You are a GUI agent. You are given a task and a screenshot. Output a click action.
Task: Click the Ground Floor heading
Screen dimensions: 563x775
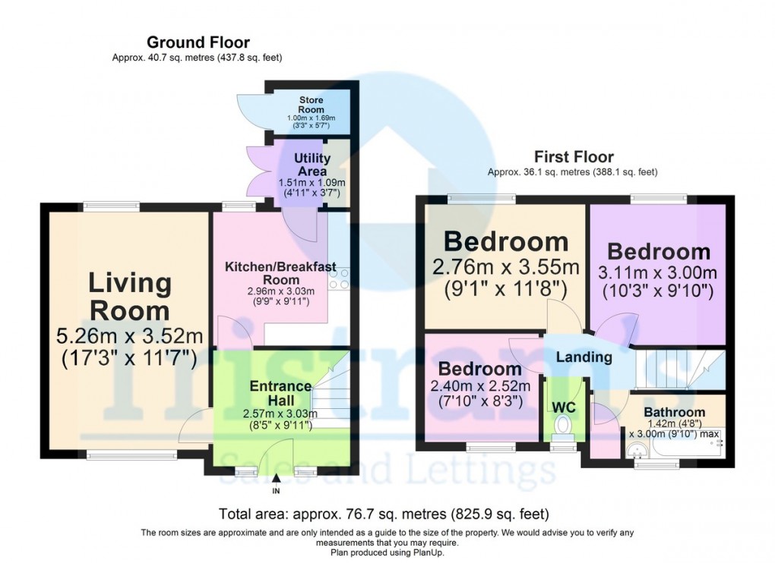[198, 42]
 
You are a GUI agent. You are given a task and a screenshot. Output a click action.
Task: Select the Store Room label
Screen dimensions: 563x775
[311, 105]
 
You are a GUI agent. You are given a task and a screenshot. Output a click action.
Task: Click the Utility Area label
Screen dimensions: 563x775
[312, 165]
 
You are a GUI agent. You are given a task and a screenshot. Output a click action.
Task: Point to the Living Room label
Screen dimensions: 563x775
[130, 296]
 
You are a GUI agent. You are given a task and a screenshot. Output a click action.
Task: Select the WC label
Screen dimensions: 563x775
[563, 407]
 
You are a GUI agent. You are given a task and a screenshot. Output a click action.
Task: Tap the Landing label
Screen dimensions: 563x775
[584, 357]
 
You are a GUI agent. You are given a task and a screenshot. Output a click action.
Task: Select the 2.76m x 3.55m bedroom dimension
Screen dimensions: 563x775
[506, 267]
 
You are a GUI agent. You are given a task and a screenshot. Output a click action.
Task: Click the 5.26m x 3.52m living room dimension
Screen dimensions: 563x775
[130, 335]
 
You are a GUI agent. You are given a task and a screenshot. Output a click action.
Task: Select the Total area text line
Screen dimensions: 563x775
[384, 514]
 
